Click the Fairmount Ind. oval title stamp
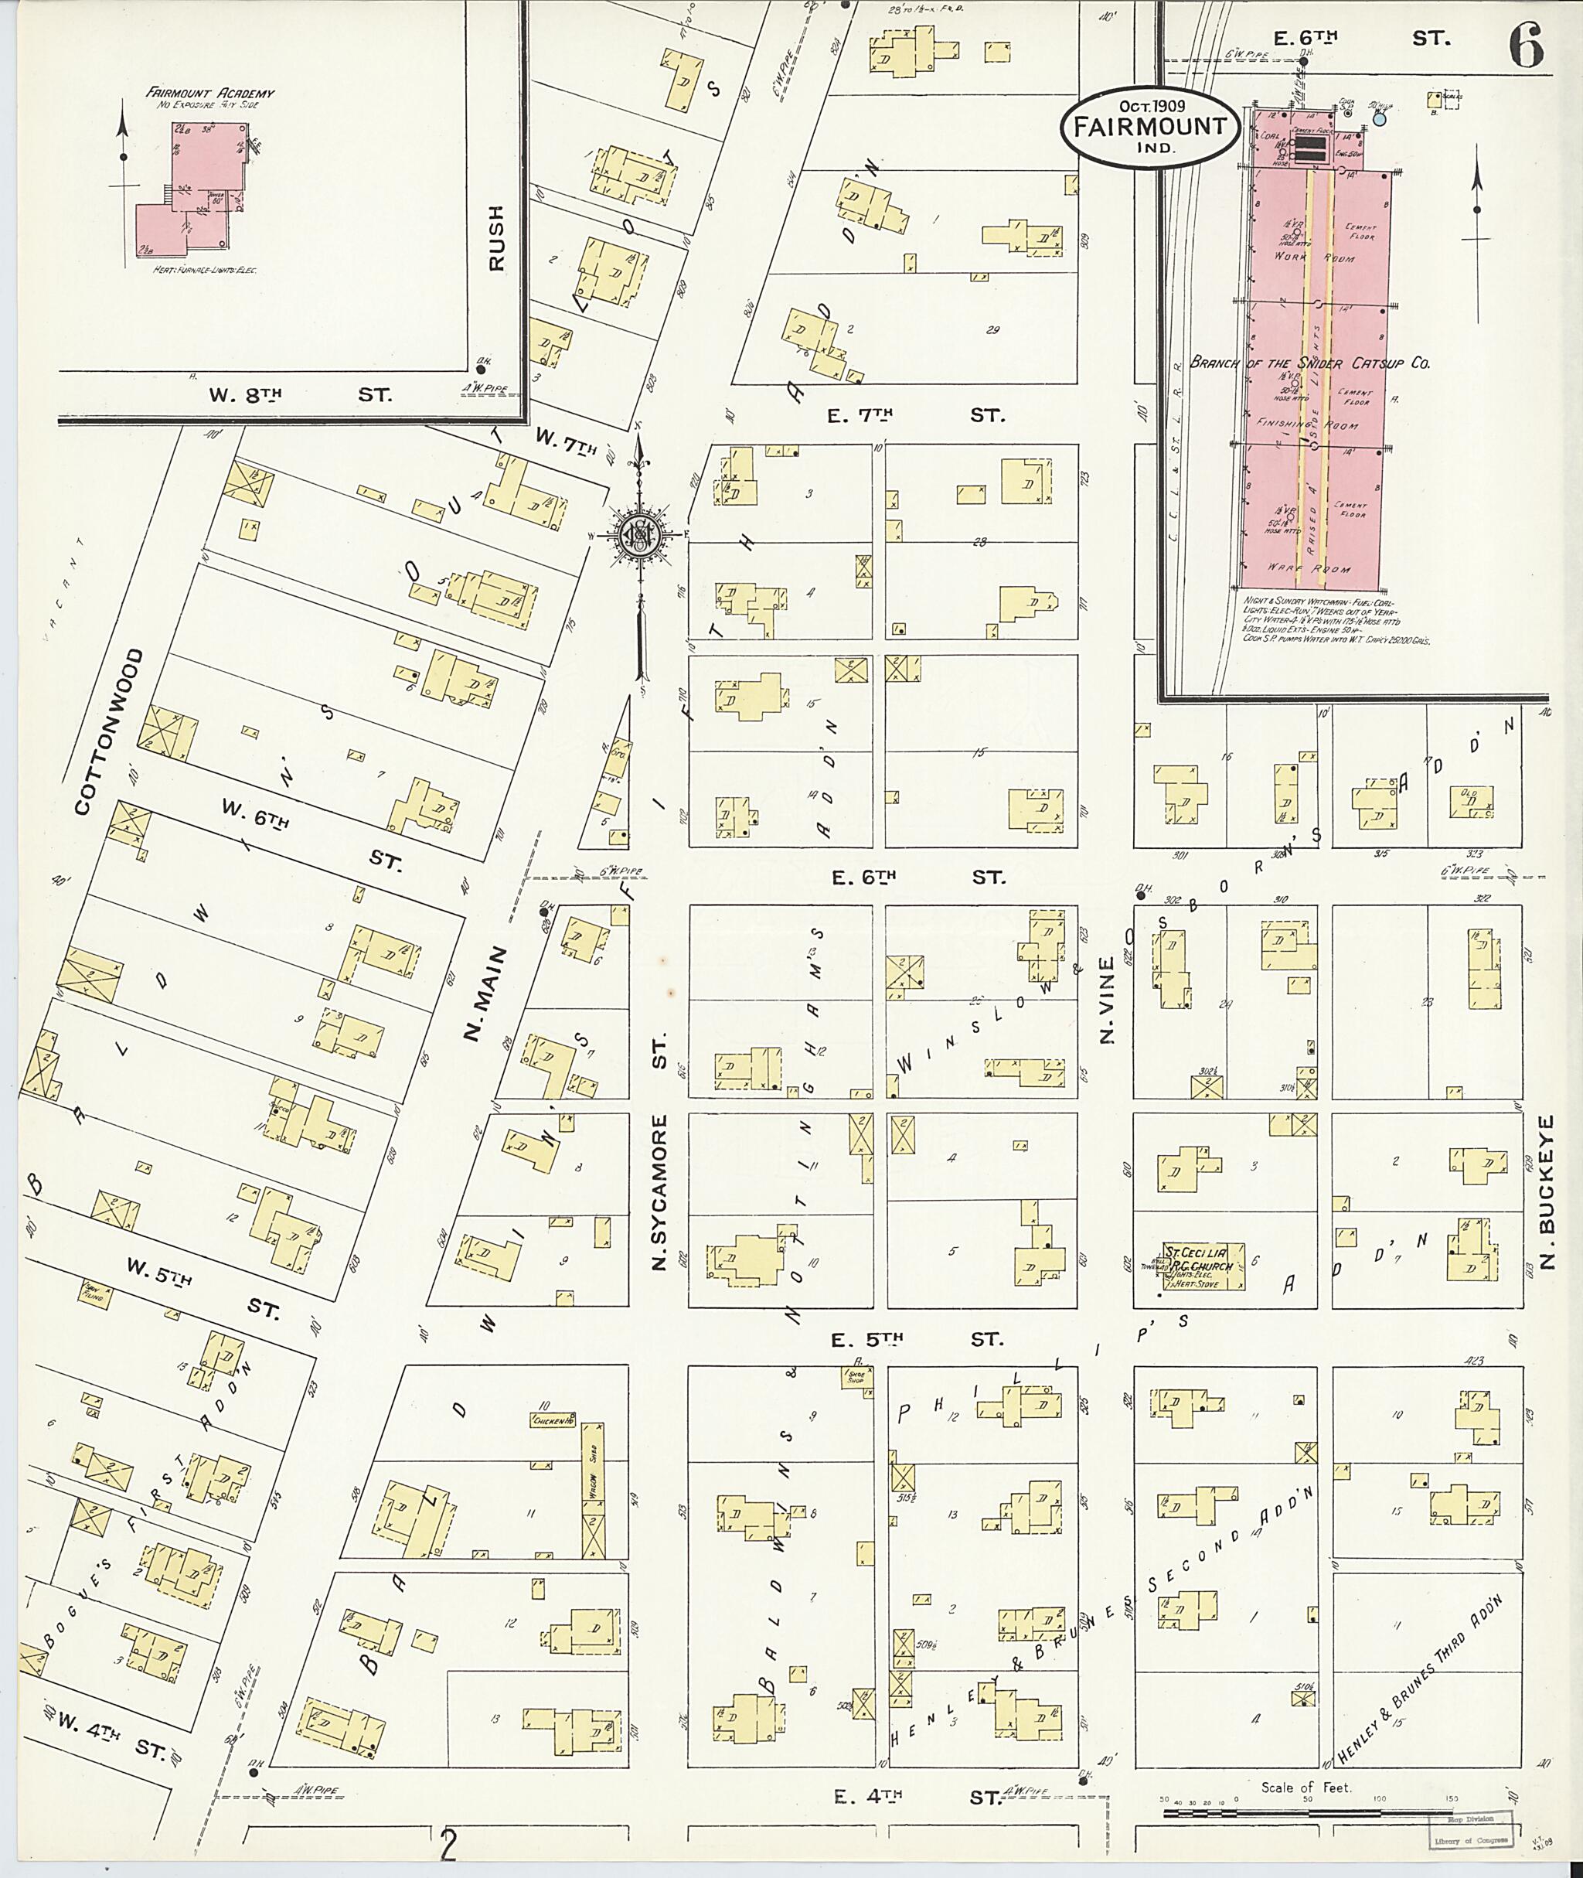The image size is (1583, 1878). pyautogui.click(x=1149, y=127)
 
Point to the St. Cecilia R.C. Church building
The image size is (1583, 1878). pyautogui.click(x=1203, y=1266)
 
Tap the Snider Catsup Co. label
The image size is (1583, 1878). pyautogui.click(x=1309, y=363)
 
